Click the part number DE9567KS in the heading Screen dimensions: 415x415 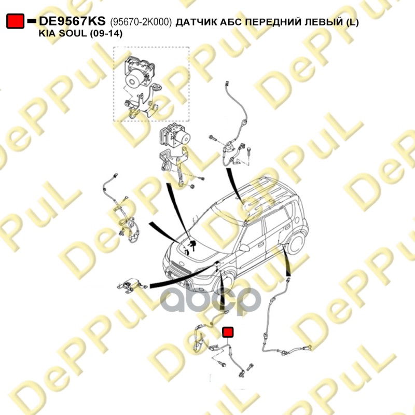click(72, 21)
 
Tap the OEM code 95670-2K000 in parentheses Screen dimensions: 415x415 click(141, 22)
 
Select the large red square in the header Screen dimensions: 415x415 click(16, 21)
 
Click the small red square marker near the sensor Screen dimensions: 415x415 click(228, 332)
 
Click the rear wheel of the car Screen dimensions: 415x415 click(296, 243)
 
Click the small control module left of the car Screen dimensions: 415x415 click(132, 285)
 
